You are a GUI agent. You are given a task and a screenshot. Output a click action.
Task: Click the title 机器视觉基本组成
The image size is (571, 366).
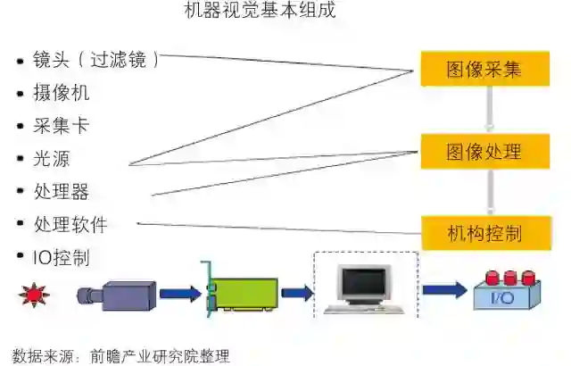coord(260,12)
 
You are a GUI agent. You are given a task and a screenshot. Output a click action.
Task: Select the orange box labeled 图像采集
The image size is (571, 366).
coord(484,69)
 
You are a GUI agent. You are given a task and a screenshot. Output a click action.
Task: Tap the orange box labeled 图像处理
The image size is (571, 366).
coord(484,152)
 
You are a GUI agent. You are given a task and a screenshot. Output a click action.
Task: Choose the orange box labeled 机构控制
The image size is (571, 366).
coord(484,234)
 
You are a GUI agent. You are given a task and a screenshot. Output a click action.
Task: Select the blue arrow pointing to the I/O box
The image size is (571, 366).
coord(444,290)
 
